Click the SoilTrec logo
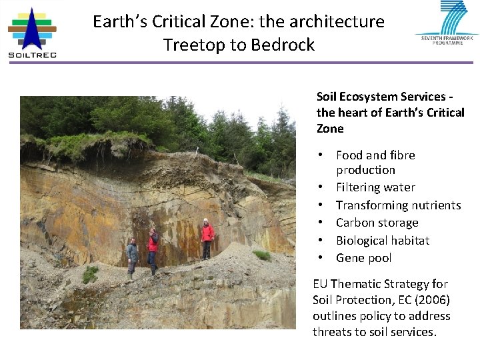[32, 33]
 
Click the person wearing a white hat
[207, 239]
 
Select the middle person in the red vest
[153, 250]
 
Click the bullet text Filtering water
[375, 187]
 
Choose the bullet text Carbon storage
[377, 223]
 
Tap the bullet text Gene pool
[363, 258]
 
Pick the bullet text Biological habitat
[383, 240]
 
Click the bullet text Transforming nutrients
[398, 205]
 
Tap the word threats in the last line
[331, 332]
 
